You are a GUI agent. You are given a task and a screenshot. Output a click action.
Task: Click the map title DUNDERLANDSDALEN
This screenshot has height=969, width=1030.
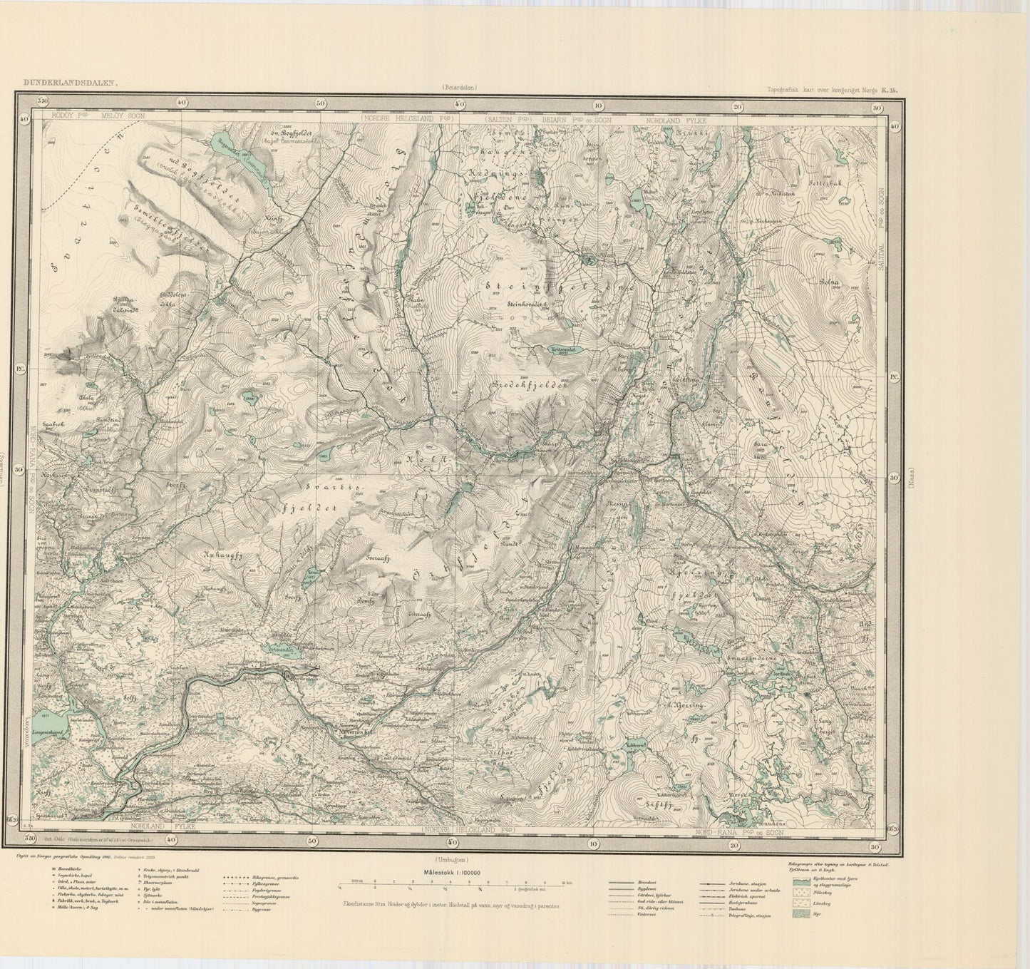70,82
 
